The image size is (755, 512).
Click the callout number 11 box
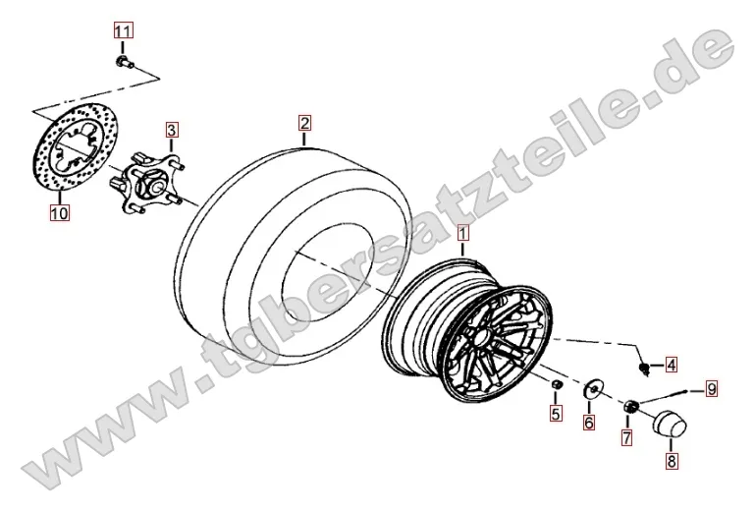click(123, 31)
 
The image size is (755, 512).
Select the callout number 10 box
click(60, 212)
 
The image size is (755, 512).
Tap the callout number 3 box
click(172, 130)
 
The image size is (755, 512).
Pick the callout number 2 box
click(304, 124)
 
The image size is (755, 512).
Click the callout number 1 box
click(462, 234)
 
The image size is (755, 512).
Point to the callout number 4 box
click(672, 365)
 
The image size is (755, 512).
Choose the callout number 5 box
click(556, 413)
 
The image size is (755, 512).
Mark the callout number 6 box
click(589, 423)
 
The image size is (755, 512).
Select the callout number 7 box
click(626, 437)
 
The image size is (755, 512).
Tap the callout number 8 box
click(672, 461)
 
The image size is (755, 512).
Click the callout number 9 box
click(712, 388)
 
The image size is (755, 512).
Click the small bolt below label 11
click(125, 62)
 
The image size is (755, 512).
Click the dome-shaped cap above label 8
click(670, 425)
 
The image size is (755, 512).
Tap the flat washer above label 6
click(592, 389)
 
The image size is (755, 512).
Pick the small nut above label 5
click(556, 384)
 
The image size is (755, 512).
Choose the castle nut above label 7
click(630, 407)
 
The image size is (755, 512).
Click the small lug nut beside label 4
click(645, 369)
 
